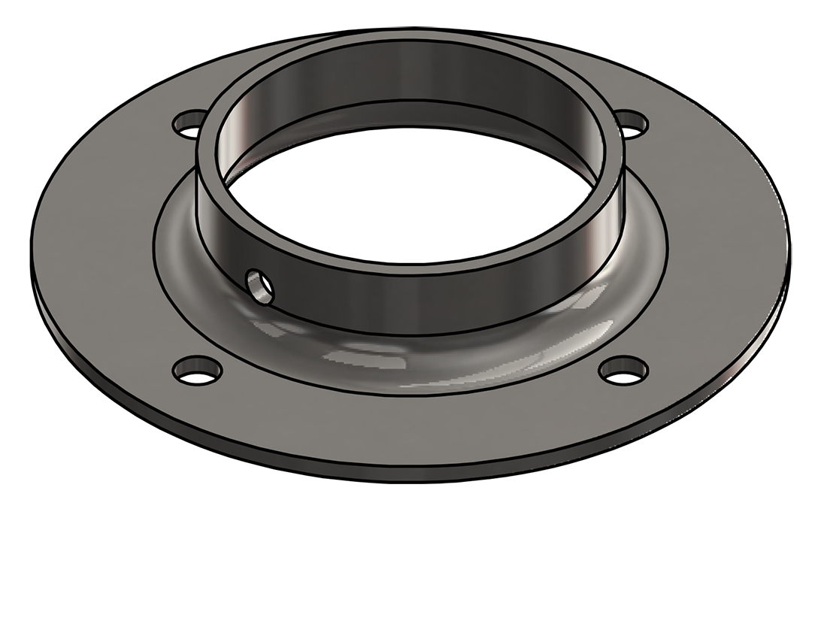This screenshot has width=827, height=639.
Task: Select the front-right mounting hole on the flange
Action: point(624,370)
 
